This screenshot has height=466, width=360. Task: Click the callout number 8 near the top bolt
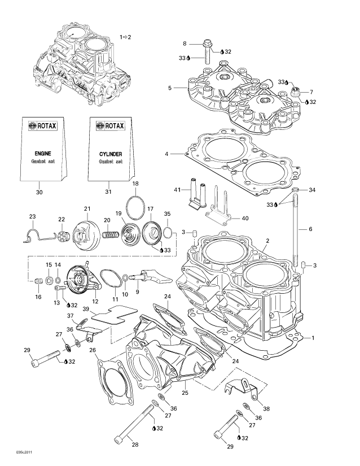point(184,43)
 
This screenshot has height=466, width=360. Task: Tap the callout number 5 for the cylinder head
point(169,88)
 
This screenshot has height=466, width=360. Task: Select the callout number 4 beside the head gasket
point(166,154)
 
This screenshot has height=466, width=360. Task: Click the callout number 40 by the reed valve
point(245,218)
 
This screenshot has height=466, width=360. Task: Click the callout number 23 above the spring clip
point(32,217)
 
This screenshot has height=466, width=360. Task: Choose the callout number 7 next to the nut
point(310,92)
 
